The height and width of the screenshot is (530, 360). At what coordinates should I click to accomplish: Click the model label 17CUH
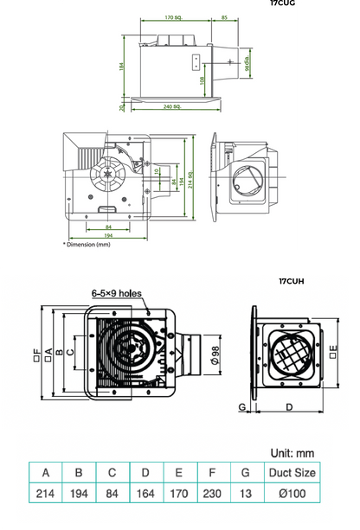click(292, 281)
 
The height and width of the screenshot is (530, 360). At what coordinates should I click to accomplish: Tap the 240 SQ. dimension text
click(170, 106)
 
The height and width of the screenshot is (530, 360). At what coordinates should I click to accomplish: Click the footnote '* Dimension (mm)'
click(87, 245)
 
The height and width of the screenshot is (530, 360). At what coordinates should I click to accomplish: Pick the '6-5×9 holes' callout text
click(116, 294)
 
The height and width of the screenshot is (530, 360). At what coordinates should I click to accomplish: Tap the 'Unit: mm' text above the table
click(292, 453)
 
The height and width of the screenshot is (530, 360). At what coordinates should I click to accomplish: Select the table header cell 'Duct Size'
click(292, 473)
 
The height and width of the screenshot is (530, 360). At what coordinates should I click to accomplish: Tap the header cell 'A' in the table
click(45, 473)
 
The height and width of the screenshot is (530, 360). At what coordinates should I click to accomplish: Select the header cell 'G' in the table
click(246, 473)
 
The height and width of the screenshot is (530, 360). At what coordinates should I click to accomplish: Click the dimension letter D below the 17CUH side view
click(288, 405)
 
